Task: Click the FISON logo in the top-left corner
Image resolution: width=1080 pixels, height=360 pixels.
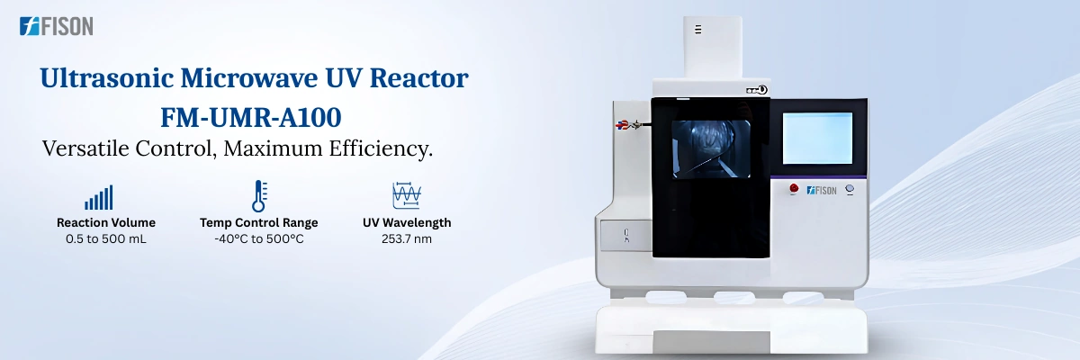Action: [56, 27]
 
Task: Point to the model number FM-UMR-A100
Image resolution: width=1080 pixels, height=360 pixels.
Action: [254, 116]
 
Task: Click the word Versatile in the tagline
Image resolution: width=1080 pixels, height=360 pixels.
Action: [86, 148]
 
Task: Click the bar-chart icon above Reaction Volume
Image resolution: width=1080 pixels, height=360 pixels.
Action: [98, 197]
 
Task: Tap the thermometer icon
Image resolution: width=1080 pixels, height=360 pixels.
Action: [259, 196]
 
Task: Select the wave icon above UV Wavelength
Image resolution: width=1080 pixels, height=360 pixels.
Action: [407, 196]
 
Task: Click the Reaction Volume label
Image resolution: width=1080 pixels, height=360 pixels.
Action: [106, 222]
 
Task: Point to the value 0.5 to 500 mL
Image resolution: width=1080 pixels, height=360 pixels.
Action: [106, 239]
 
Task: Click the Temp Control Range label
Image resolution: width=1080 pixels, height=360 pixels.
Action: [259, 222]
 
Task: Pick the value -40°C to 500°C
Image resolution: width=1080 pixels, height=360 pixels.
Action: [259, 239]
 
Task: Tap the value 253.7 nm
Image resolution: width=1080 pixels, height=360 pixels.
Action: [407, 239]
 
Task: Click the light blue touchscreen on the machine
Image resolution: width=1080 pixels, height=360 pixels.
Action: [817, 138]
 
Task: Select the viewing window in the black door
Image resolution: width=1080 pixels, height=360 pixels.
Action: [711, 148]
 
